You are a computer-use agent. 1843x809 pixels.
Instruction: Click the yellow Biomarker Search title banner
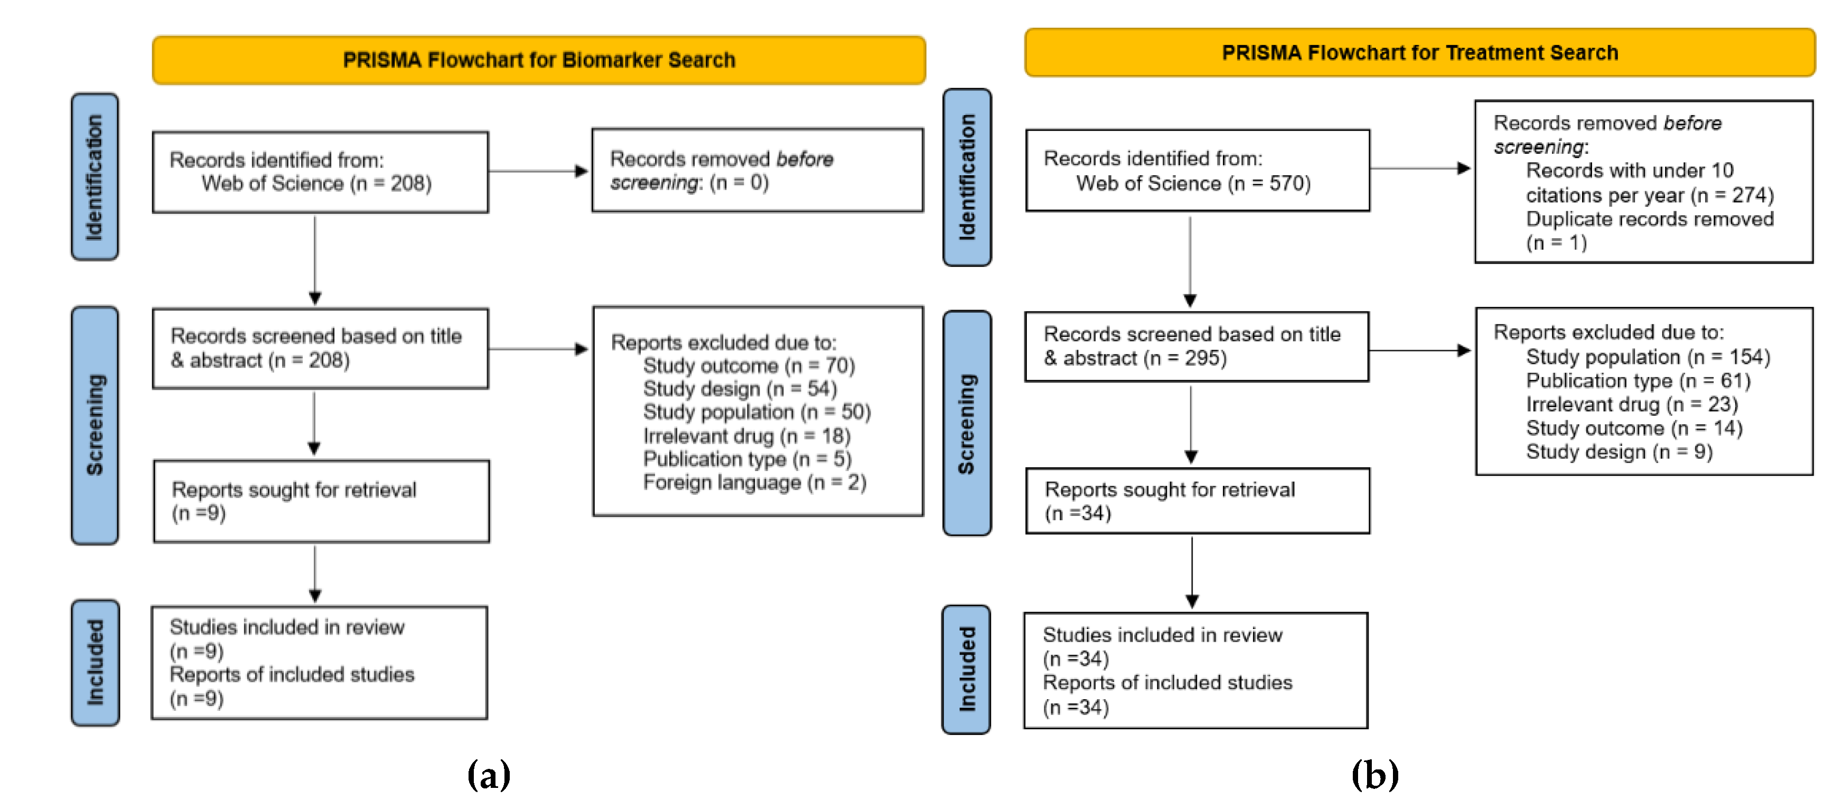tap(538, 60)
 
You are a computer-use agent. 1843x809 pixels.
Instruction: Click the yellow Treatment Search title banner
tap(1419, 53)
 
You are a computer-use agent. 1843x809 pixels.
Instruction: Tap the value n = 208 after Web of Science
tap(391, 184)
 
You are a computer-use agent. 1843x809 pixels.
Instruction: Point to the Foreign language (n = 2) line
tap(754, 483)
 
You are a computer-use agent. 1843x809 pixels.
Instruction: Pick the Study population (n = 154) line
tap(1647, 357)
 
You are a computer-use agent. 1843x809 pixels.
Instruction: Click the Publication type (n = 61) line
tap(1638, 381)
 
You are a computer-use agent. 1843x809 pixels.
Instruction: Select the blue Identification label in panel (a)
tap(95, 177)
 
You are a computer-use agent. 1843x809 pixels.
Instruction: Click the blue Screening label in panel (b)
tap(967, 423)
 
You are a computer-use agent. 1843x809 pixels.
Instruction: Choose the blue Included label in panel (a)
tap(95, 662)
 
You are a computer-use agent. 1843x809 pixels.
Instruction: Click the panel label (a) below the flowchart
tap(489, 774)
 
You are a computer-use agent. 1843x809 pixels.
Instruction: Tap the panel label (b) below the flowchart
tap(1374, 774)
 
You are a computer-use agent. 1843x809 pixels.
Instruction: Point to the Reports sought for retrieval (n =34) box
tap(1197, 501)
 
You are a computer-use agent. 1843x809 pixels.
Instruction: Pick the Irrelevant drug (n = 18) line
tap(746, 436)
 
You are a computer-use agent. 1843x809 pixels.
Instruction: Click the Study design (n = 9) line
tap(1619, 452)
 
